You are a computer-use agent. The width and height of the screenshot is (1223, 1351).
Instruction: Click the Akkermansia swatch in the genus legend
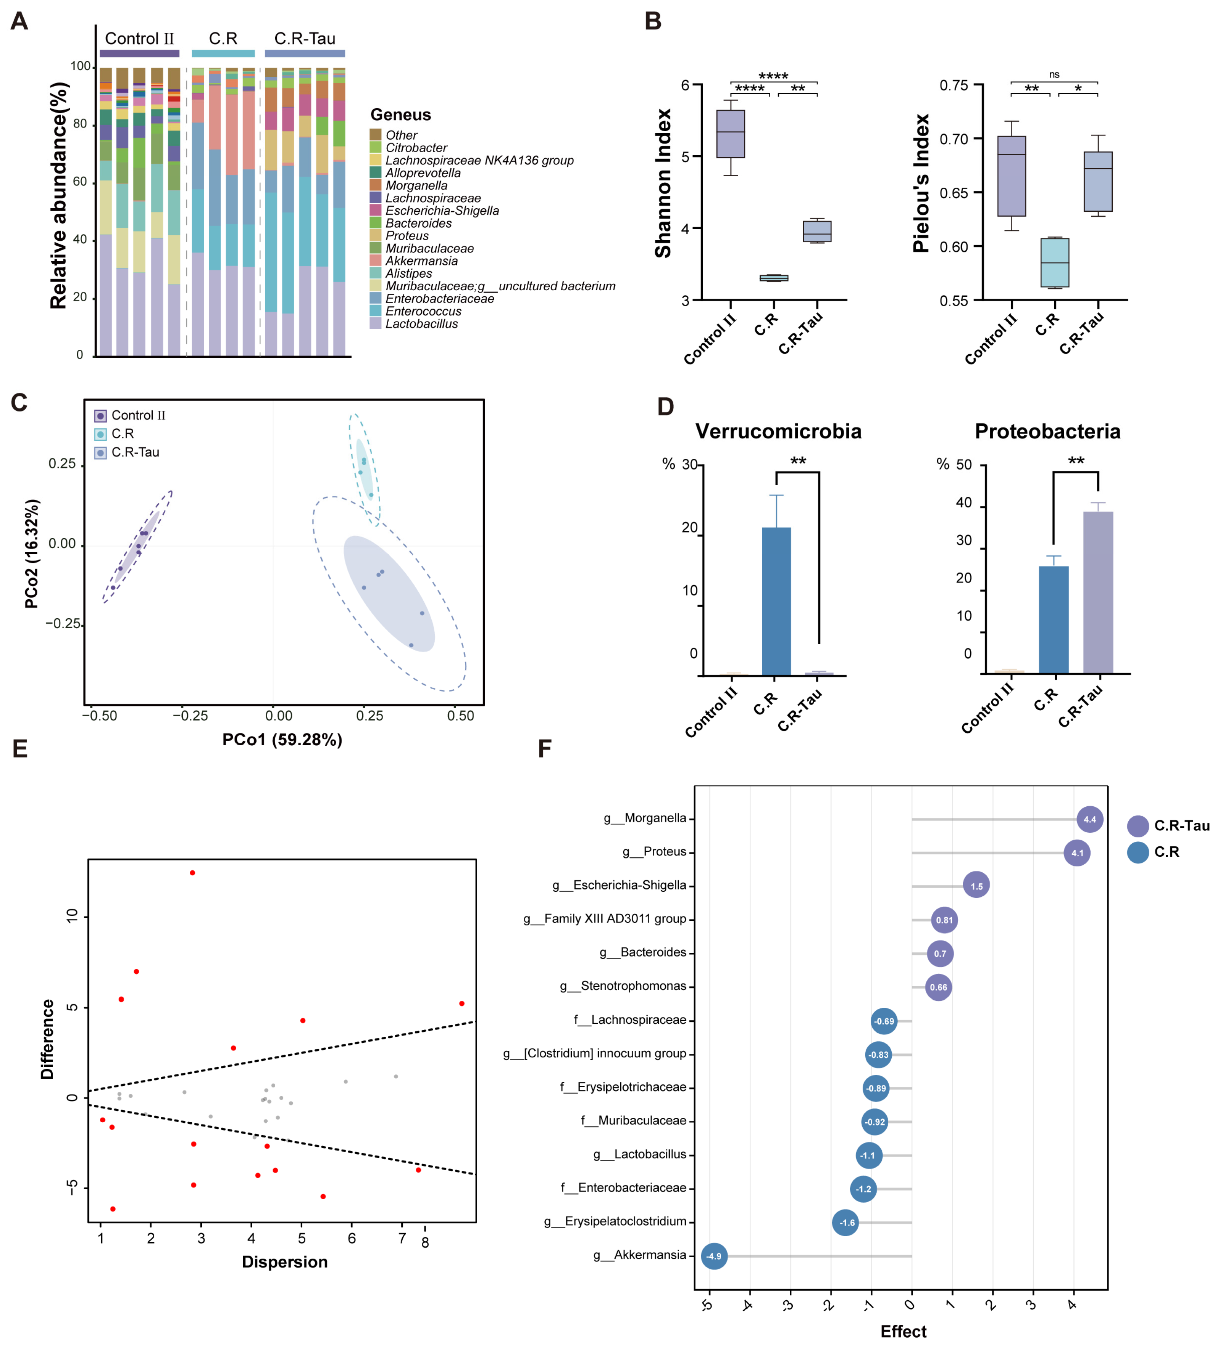[x=376, y=261]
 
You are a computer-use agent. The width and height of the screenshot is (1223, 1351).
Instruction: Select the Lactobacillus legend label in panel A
[x=422, y=324]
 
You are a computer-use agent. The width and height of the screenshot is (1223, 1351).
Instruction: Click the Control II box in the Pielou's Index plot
[x=1011, y=176]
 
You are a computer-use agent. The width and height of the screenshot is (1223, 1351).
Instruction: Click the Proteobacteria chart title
[x=1047, y=431]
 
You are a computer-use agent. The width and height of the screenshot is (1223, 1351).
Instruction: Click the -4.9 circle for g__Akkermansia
[x=714, y=1256]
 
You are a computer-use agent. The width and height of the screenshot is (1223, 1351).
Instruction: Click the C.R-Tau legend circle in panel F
[x=1138, y=826]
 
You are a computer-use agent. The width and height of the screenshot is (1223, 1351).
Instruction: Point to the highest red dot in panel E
[x=192, y=873]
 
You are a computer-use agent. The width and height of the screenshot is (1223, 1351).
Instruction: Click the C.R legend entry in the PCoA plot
[x=122, y=434]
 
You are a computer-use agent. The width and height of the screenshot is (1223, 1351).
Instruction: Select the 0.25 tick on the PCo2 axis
[x=62, y=464]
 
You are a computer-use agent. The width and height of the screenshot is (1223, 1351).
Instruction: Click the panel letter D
[x=665, y=407]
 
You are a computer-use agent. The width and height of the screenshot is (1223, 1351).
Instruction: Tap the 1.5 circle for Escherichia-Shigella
[x=976, y=886]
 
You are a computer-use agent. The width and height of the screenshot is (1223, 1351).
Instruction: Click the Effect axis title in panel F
[x=903, y=1332]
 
